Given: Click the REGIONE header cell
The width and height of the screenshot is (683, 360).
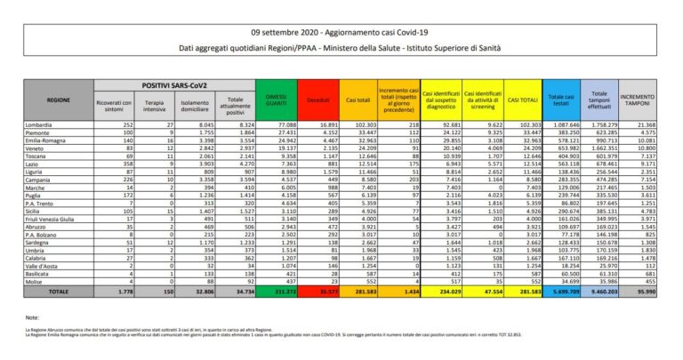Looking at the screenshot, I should point(58,100).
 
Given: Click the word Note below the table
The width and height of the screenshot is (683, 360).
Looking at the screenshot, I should point(33,316).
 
